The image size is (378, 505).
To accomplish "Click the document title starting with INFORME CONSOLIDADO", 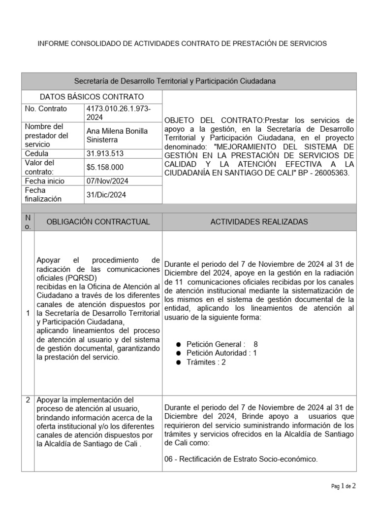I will point(182,44).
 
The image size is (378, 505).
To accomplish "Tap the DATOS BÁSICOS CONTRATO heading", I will point(92,97).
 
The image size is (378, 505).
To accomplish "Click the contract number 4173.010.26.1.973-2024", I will point(118,113).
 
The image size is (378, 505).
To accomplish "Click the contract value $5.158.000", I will point(105,167).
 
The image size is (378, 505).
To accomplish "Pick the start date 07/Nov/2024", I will point(107,181).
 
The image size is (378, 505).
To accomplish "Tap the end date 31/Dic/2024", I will point(106,195).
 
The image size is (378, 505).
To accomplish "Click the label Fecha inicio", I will point(45,181).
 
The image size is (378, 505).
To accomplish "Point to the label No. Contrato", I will point(46,109).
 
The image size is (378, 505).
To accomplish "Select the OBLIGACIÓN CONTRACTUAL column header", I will point(98,222).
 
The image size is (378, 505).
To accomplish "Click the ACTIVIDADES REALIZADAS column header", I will point(259,222).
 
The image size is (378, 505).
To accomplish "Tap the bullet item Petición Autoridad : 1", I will point(221,353).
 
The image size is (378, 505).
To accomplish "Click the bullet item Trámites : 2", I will point(206,362).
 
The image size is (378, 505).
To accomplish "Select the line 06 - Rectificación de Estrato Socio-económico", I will point(241,459).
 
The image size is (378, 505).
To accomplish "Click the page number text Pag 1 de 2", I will point(343,486).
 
